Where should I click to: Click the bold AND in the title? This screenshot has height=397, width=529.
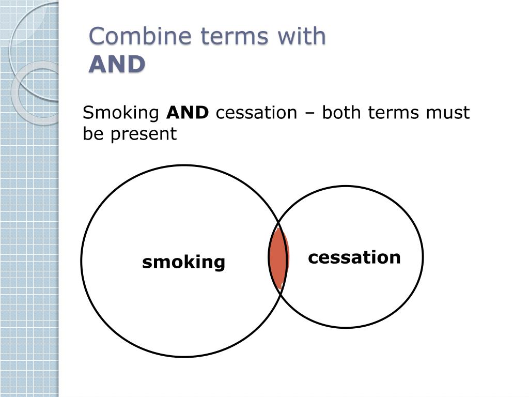pyautogui.click(x=117, y=65)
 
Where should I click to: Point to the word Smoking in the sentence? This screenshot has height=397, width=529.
pyautogui.click(x=121, y=113)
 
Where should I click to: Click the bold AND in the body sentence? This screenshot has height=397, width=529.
pyautogui.click(x=188, y=113)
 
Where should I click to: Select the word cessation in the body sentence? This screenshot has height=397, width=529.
pyautogui.click(x=256, y=113)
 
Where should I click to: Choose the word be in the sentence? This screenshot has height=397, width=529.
pyautogui.click(x=91, y=134)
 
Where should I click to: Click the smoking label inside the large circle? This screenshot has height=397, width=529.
pyautogui.click(x=184, y=262)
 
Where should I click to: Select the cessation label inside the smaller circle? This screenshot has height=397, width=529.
pyautogui.click(x=354, y=257)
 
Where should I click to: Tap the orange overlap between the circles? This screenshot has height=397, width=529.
pyautogui.click(x=278, y=257)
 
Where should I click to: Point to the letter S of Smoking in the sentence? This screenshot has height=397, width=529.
pyautogui.click(x=88, y=113)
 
